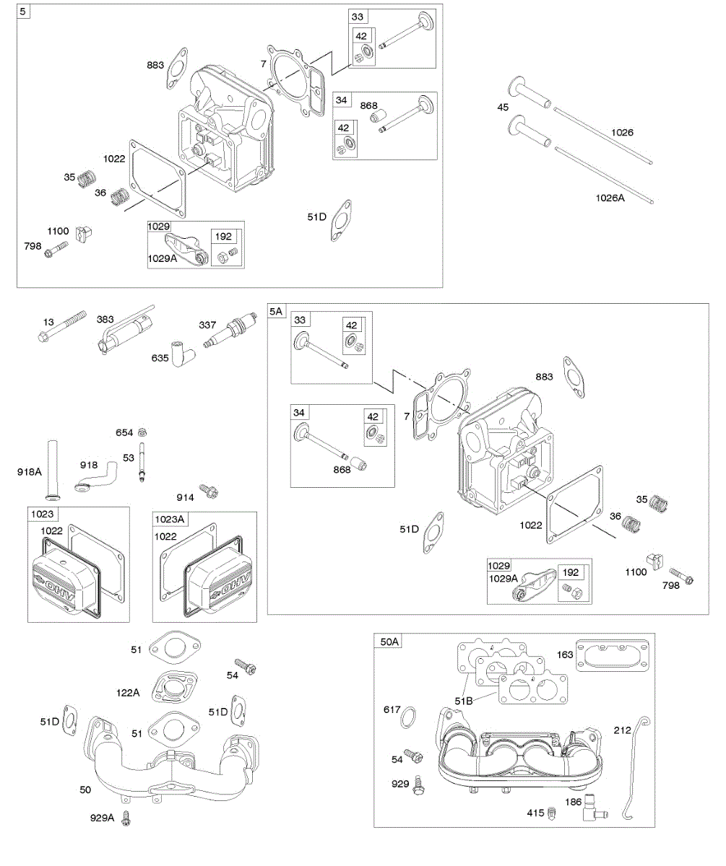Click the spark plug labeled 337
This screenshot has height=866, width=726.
[x=230, y=333]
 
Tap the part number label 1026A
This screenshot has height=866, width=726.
[x=610, y=197]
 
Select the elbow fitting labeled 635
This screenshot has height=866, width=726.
[x=181, y=351]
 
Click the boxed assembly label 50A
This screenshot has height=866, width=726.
[x=389, y=641]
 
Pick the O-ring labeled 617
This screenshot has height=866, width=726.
[x=409, y=718]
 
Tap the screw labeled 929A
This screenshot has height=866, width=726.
[x=128, y=818]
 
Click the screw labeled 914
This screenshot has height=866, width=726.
[x=210, y=491]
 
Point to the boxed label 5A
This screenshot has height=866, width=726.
[x=277, y=311]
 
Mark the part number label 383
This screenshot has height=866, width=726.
[x=105, y=319]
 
